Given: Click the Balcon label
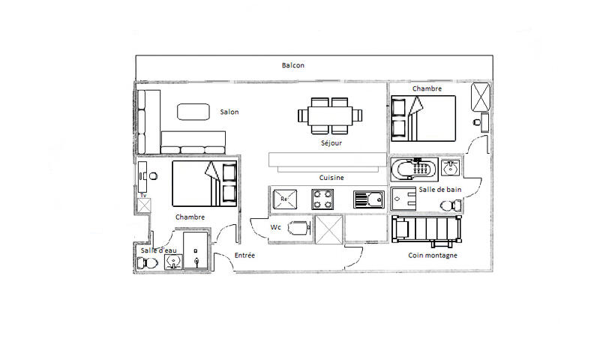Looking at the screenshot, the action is point(292,65).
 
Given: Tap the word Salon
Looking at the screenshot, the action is point(229,112).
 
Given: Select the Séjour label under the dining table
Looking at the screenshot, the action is point(331,143).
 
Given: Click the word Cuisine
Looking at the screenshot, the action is point(331,178).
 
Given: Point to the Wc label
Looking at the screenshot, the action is point(275,227).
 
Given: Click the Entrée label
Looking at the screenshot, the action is point(244,255).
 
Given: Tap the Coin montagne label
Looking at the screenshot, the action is point(433,256).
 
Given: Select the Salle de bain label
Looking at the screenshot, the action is point(440,189).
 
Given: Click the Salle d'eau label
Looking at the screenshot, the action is point(158,250).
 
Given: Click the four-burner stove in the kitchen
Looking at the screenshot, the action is point(322,199).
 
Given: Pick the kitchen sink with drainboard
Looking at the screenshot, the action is point(369,199).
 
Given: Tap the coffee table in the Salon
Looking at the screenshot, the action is point(193,112).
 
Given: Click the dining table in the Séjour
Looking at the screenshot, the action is point(330,115).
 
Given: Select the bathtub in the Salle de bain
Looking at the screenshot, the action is point(414,169).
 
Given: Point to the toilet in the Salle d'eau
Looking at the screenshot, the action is point(147,263).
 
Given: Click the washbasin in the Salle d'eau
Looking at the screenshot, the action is point(173,262).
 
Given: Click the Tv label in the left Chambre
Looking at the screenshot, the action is point(143,196).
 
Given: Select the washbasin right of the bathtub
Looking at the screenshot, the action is point(451,167).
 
